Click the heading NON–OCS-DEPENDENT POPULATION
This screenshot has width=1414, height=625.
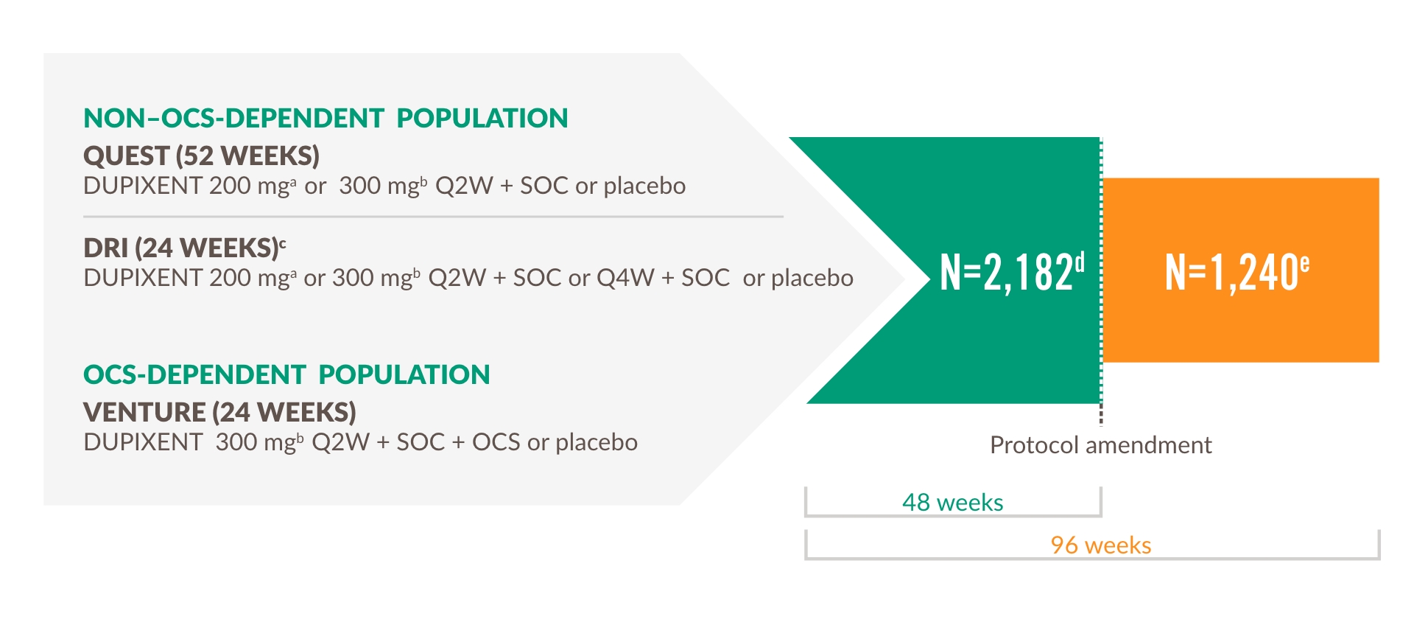click(326, 118)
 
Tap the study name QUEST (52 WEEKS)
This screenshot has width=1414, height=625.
click(201, 156)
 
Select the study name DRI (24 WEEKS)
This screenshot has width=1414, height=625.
click(181, 248)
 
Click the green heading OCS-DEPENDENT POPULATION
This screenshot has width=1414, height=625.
click(286, 374)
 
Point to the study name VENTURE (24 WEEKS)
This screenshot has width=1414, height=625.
click(219, 412)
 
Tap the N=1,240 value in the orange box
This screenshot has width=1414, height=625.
click(1231, 273)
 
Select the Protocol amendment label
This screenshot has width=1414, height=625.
click(1100, 445)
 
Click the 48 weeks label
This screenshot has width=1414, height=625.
click(952, 503)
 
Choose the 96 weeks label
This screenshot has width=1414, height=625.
click(1100, 545)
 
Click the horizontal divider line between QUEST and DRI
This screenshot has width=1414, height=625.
click(433, 217)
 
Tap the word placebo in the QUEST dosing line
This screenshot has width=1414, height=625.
click(644, 186)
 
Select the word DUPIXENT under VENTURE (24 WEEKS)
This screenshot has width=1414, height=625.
click(143, 442)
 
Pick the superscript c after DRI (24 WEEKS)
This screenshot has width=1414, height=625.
click(283, 243)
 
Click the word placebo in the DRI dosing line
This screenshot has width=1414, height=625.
click(812, 279)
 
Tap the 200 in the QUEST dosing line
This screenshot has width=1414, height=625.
click(230, 186)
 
